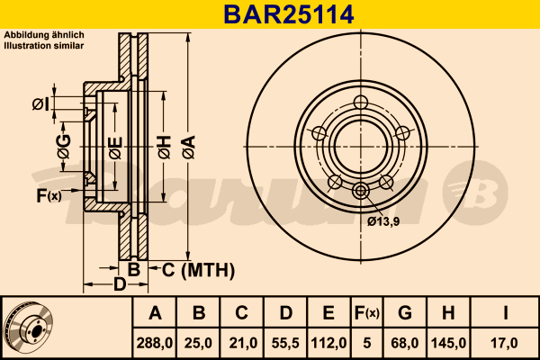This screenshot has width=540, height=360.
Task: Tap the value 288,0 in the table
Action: coord(155,343)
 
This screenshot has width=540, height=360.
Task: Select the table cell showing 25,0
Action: coord(199,343)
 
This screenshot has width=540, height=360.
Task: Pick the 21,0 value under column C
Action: coord(241,343)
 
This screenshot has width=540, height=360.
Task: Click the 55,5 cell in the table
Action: coord(284,343)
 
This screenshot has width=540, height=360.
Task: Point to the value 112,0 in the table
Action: coord(328,343)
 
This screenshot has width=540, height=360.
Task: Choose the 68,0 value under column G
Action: coord(405,343)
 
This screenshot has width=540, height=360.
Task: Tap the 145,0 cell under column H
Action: coord(447,343)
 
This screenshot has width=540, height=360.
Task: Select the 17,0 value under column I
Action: coord(505,343)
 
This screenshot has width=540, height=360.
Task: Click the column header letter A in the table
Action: coord(155,313)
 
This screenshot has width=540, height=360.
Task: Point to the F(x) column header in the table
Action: coord(366,313)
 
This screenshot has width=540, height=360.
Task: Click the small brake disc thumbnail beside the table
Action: coord(30,328)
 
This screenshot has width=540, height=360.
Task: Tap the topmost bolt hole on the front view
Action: coord(362,102)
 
